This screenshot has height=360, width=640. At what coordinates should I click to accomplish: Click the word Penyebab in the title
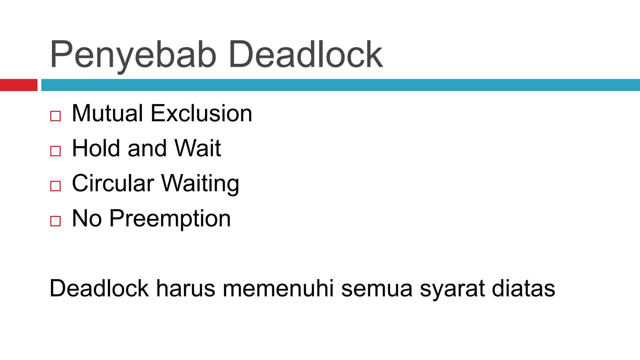pos(133,55)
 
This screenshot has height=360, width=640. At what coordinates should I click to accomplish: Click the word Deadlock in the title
pos(306,55)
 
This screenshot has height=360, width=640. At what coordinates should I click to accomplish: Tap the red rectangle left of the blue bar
pos(18,85)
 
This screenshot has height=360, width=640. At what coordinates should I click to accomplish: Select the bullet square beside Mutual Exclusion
pos(55,116)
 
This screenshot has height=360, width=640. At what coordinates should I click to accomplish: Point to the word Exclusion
pos(201,113)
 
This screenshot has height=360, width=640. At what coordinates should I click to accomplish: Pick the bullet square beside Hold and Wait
pos(55,151)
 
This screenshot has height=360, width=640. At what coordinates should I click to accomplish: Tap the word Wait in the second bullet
pos(198,148)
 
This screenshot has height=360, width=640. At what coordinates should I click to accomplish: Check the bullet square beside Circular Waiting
pos(55,186)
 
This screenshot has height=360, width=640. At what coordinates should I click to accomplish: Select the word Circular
pos(113,183)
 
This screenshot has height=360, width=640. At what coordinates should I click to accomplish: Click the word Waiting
pos(200,184)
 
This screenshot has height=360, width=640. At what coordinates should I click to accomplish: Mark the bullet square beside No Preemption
pos(55,221)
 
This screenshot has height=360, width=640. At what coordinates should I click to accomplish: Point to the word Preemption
pos(170,219)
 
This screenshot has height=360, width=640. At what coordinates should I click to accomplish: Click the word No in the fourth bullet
pos(87,218)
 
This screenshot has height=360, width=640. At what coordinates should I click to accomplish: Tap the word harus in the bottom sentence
pos(186,288)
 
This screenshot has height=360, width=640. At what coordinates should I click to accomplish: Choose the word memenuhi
pos(278,288)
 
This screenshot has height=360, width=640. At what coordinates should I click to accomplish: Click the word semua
pos(377,288)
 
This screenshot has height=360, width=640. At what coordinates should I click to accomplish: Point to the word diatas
pos(523,288)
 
